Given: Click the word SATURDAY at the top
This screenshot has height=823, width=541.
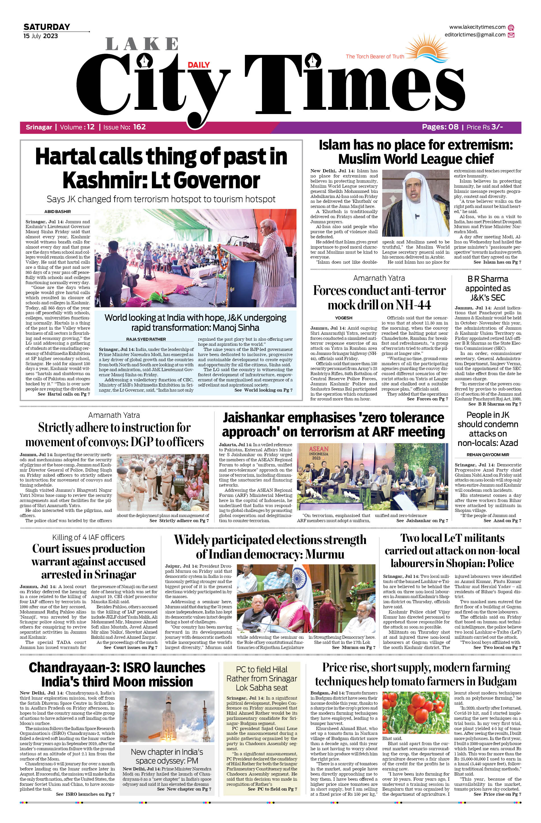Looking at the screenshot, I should click(47, 27).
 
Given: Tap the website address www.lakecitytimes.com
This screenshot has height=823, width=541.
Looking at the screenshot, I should click(477, 27).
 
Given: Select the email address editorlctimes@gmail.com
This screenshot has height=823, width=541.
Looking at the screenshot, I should click(475, 35).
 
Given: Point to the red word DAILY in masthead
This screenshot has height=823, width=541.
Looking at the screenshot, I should click(199, 65).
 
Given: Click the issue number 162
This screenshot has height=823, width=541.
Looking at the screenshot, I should click(139, 127).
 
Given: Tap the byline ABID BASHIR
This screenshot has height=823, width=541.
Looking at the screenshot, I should click(57, 212).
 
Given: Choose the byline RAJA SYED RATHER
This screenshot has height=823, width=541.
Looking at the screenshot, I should click(146, 339).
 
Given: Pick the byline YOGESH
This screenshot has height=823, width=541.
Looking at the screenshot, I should click(344, 318).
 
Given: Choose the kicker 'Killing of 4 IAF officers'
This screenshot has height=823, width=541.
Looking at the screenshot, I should click(88, 537).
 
